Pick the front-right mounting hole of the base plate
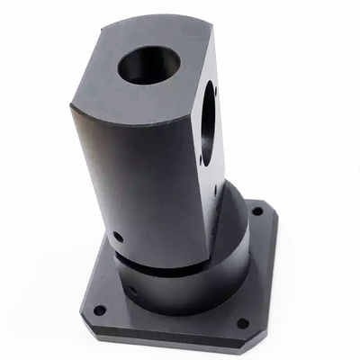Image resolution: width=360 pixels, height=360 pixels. (241, 323)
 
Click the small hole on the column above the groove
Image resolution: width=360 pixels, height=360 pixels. (119, 238)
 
